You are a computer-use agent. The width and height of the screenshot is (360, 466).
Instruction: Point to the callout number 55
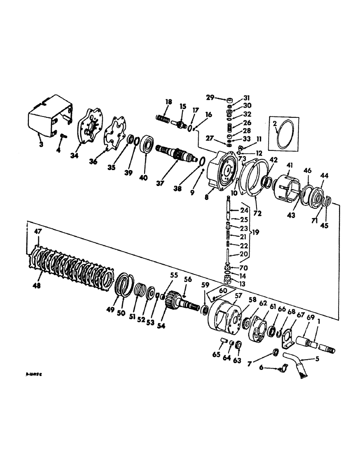point(174,276)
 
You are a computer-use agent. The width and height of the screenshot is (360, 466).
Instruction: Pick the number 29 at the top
point(211,97)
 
